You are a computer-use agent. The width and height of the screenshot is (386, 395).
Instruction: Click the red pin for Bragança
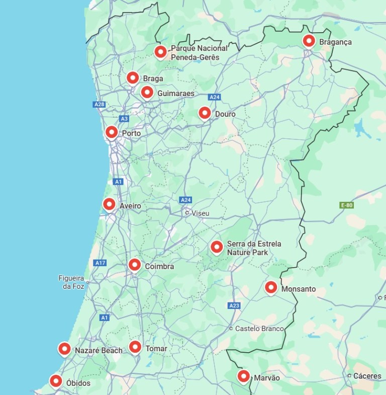click(x=309, y=41)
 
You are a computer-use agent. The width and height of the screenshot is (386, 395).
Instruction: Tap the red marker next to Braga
click(x=133, y=77)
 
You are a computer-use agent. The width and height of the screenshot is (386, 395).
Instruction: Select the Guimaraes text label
click(x=175, y=94)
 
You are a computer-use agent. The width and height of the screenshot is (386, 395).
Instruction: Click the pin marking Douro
click(x=205, y=113)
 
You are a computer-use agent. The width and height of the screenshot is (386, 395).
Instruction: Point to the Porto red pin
click(x=112, y=132)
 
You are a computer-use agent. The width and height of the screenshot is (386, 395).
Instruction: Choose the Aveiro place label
click(x=130, y=206)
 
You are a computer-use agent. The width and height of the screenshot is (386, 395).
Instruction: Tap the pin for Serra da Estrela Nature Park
click(x=217, y=247)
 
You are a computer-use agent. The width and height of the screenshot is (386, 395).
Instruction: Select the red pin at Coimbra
click(x=135, y=264)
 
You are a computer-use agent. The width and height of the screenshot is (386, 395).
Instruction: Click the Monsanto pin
click(x=271, y=287)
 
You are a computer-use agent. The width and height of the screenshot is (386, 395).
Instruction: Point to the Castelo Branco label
click(x=259, y=329)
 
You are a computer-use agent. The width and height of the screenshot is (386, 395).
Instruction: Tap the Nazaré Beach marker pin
click(x=64, y=348)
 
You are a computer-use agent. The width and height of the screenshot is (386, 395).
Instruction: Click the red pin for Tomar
click(x=135, y=347)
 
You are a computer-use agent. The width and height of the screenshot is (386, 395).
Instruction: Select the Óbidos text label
click(x=78, y=383)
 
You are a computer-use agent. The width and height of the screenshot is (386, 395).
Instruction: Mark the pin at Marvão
click(x=244, y=376)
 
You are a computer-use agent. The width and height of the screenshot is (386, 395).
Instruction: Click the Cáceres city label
click(x=367, y=376)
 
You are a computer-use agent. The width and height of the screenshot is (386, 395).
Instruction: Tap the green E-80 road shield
click(x=346, y=205)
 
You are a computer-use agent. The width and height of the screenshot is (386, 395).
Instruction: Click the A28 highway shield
click(x=99, y=105)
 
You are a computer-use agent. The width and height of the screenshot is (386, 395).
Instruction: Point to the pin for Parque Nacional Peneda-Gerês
click(x=160, y=51)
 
